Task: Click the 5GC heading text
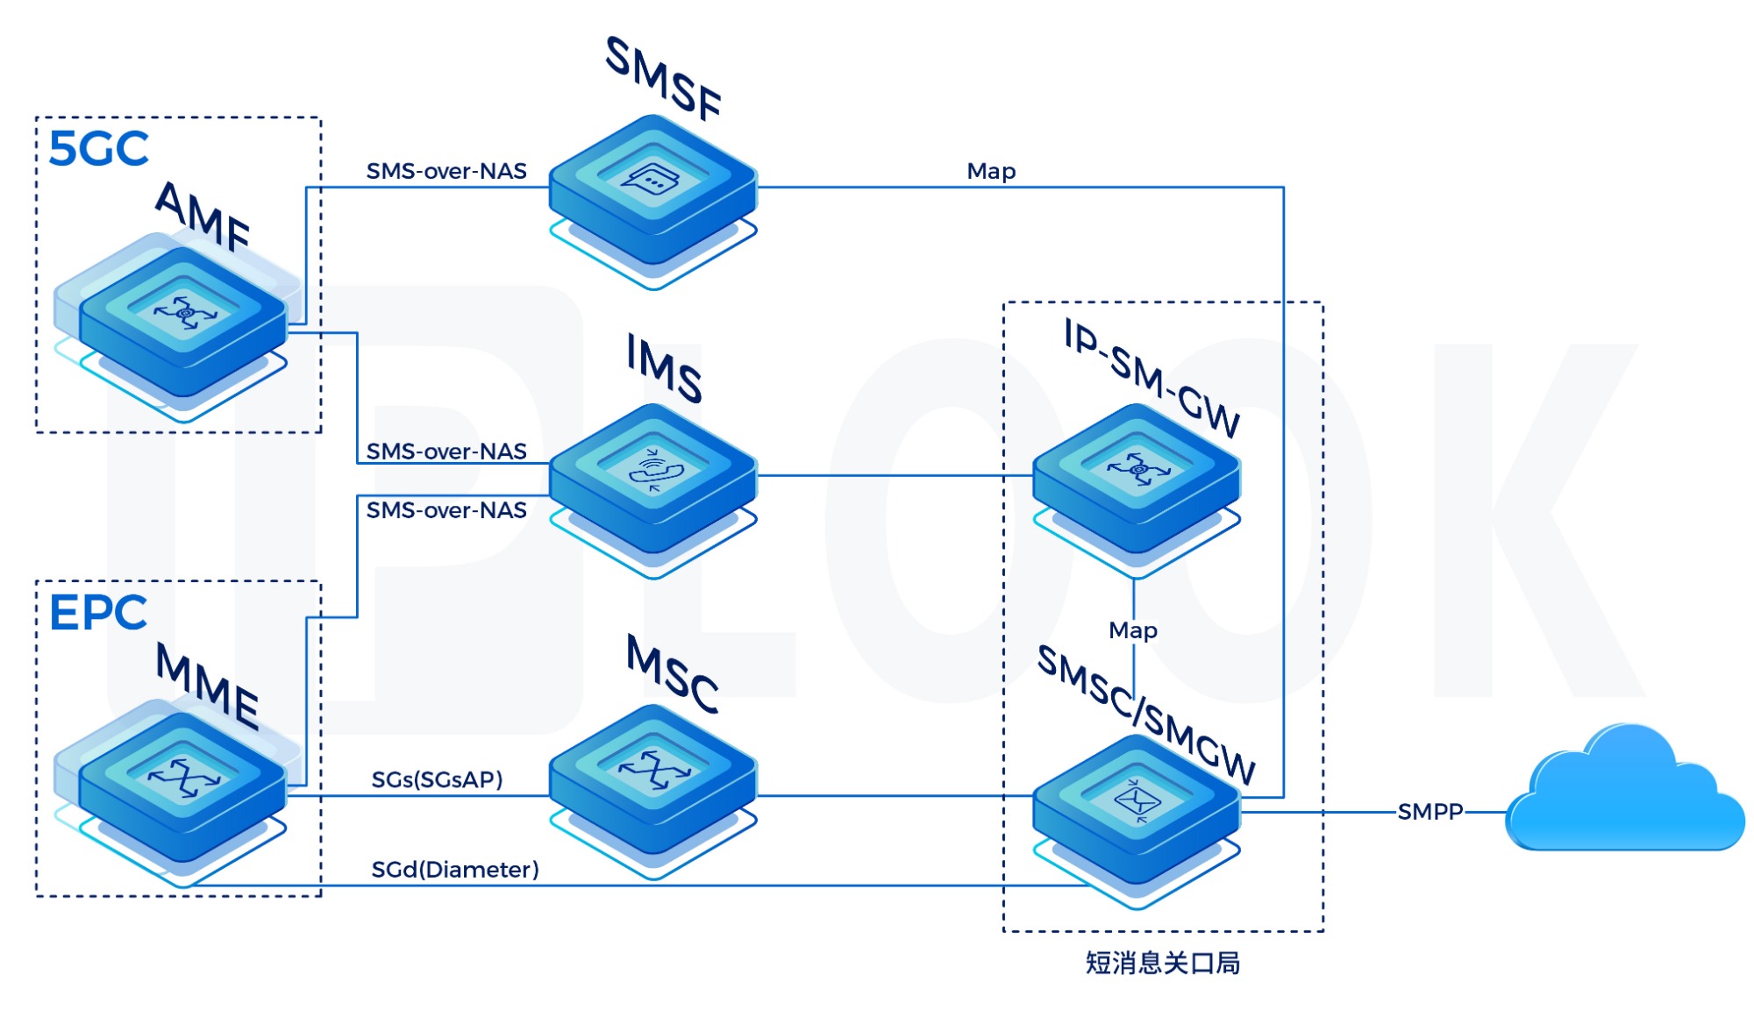click(x=98, y=149)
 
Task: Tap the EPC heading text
click(x=98, y=613)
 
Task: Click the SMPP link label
click(x=1430, y=812)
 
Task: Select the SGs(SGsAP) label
click(x=437, y=779)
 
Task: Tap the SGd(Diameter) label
click(x=455, y=870)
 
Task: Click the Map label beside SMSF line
click(x=991, y=172)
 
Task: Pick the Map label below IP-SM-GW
click(x=1133, y=630)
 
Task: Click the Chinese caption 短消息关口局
click(x=1163, y=964)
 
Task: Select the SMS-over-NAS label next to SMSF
click(x=446, y=171)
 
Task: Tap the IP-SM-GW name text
click(x=1152, y=377)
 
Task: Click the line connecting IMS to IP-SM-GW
click(x=895, y=476)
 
